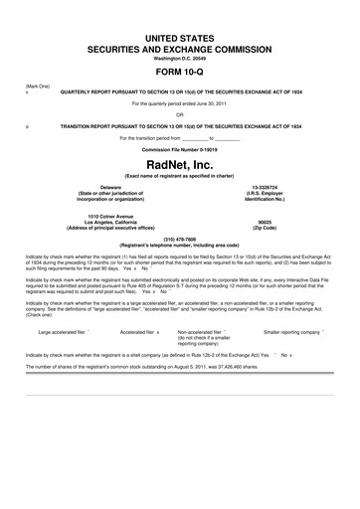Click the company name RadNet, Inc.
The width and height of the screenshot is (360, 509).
[180, 165]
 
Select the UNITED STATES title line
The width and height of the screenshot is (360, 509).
[180, 35]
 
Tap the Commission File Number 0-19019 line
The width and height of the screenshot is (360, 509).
[180, 148]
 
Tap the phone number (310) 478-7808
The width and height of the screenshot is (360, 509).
[180, 239]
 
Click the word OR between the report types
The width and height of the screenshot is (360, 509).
[180, 112]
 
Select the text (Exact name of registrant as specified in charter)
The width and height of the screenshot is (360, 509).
[180, 175]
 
